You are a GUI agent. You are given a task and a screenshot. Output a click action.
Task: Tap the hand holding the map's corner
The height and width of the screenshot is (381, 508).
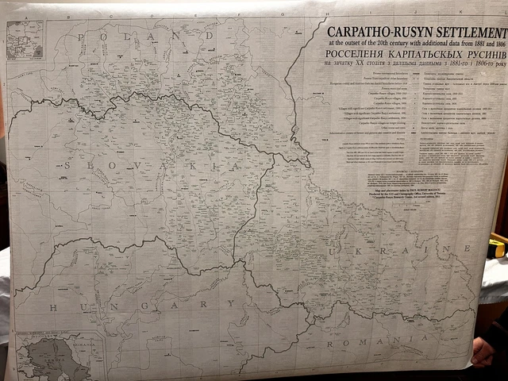485,349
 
